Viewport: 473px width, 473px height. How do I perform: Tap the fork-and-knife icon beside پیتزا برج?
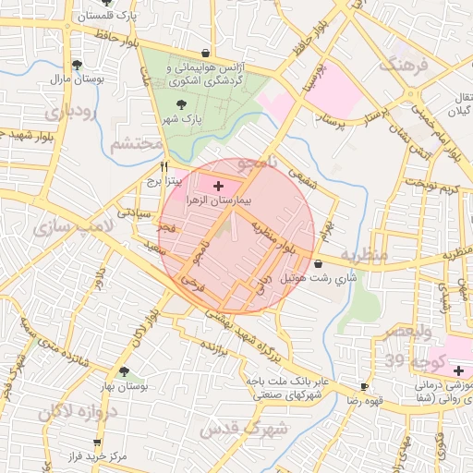[164, 167]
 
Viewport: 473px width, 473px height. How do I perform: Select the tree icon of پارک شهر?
[179, 104]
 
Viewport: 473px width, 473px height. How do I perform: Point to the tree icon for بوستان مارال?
[77, 65]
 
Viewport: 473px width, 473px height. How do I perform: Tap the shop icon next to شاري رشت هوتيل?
[319, 263]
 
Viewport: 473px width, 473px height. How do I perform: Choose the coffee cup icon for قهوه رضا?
[364, 386]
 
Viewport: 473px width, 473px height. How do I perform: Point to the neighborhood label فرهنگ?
[403, 65]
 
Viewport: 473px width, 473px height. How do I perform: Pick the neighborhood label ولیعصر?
[406, 330]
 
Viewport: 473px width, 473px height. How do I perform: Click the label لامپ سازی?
[71, 225]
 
